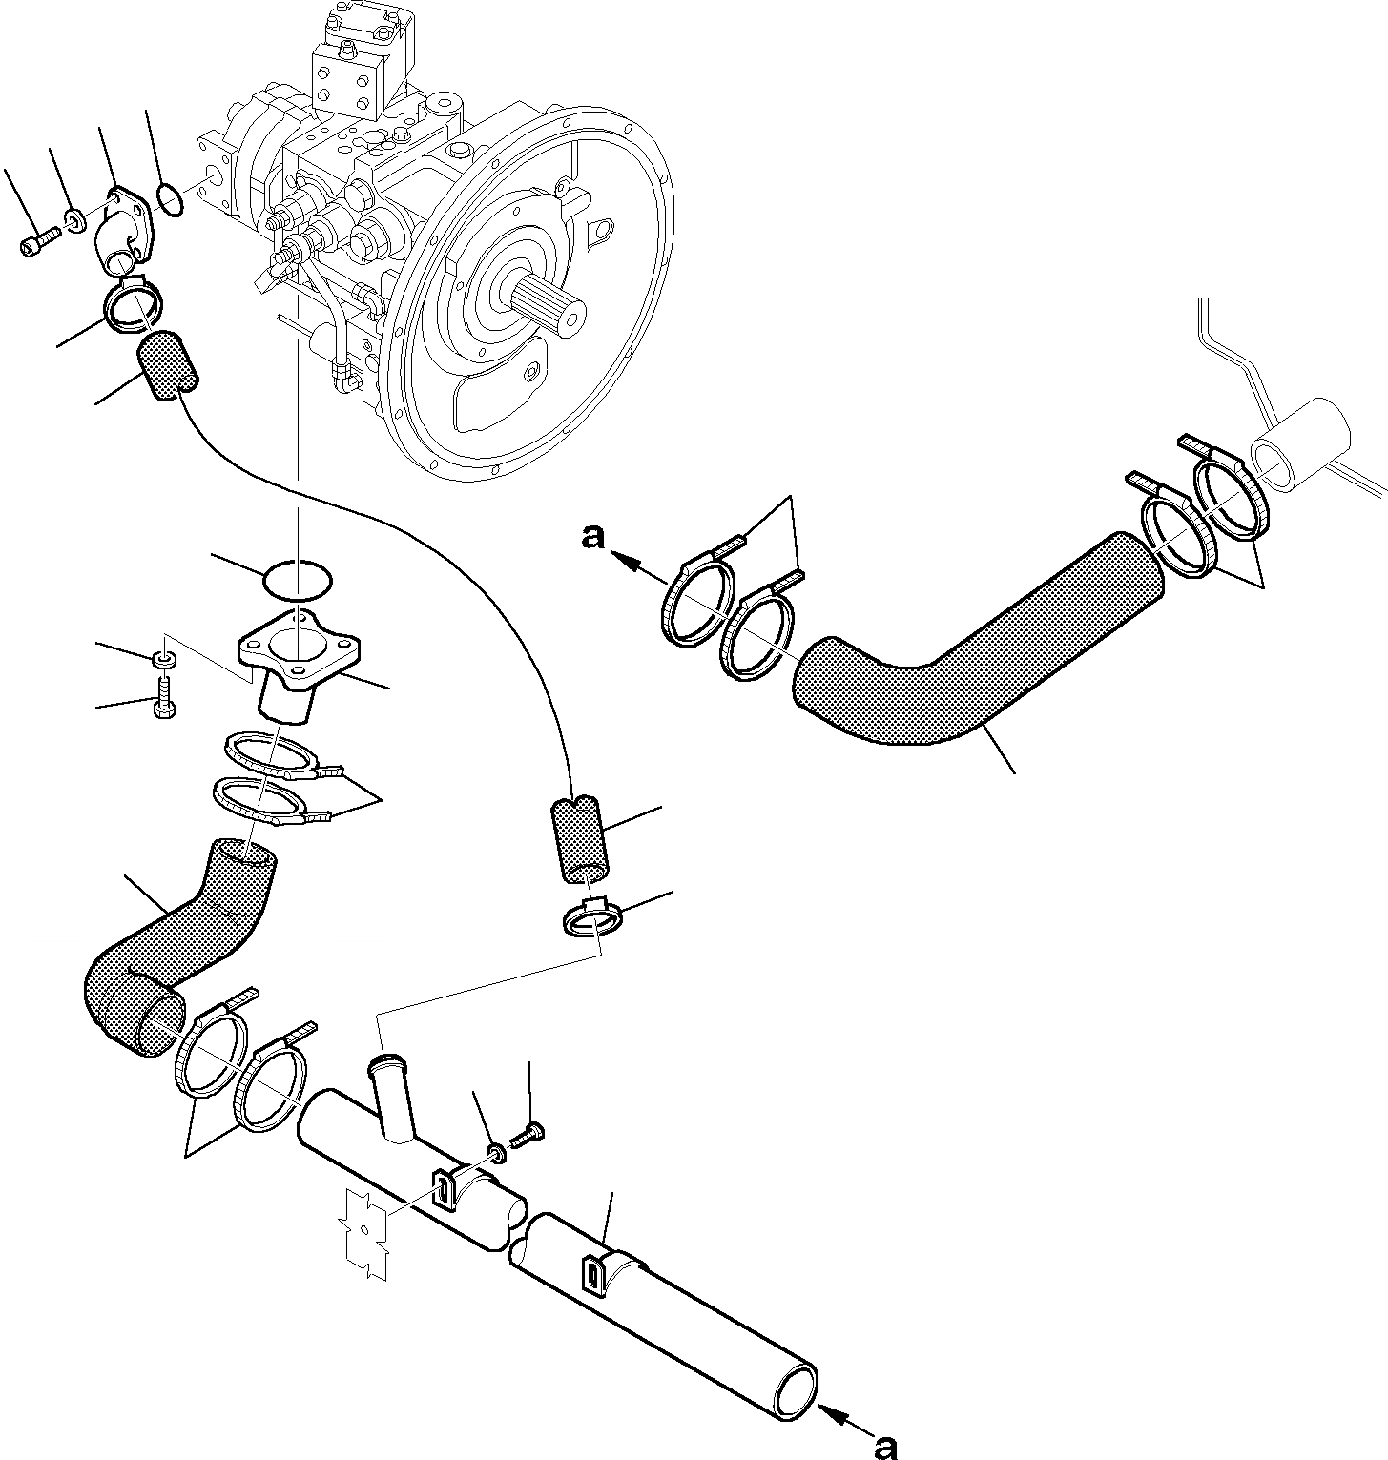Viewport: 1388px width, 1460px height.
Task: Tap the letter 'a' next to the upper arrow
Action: [x=593, y=539]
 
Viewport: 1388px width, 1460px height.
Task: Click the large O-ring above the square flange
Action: [x=298, y=580]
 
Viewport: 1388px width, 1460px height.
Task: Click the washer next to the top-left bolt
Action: [x=73, y=222]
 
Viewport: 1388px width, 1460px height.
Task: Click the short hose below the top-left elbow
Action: [x=168, y=363]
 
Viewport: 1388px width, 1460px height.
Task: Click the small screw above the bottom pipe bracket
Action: [x=527, y=1134]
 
